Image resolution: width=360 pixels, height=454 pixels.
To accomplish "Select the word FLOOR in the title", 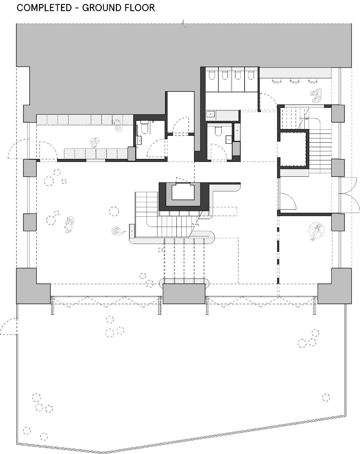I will (140, 8).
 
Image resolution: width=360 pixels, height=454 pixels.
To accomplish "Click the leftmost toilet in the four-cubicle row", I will (212, 75).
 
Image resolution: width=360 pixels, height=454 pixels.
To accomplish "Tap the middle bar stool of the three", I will (294, 80).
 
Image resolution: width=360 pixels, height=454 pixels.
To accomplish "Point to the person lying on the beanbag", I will (315, 231).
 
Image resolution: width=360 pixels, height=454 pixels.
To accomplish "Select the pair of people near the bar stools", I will (316, 95).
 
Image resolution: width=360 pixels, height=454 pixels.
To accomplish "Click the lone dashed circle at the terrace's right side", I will (326, 397).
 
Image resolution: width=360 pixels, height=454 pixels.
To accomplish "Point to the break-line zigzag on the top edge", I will (184, 23).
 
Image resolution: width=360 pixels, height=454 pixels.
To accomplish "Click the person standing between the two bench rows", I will (94, 142).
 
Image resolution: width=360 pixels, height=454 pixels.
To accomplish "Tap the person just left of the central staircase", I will (118, 230).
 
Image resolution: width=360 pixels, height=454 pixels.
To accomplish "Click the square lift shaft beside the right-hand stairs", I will (293, 148).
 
